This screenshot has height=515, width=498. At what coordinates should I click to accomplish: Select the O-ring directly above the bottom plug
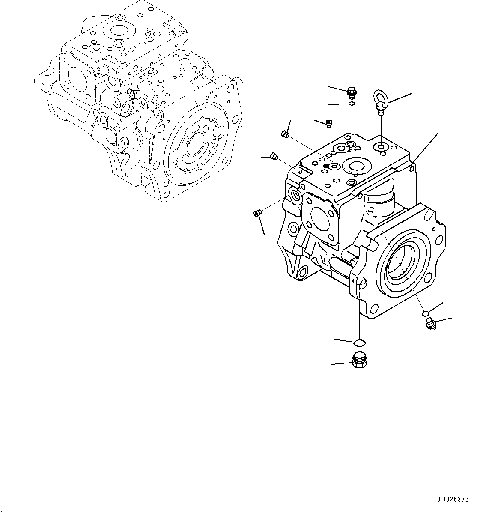[360, 342]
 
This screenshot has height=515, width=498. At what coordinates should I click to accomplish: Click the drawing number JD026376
[453, 500]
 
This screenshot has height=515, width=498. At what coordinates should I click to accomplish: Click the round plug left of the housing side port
[258, 213]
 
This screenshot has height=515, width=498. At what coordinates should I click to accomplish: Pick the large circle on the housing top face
[357, 166]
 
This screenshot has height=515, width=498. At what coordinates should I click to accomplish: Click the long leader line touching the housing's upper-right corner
[426, 147]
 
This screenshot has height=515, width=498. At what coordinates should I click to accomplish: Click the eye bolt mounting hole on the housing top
[380, 147]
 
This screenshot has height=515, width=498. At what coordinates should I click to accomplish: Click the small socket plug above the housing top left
[329, 124]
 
